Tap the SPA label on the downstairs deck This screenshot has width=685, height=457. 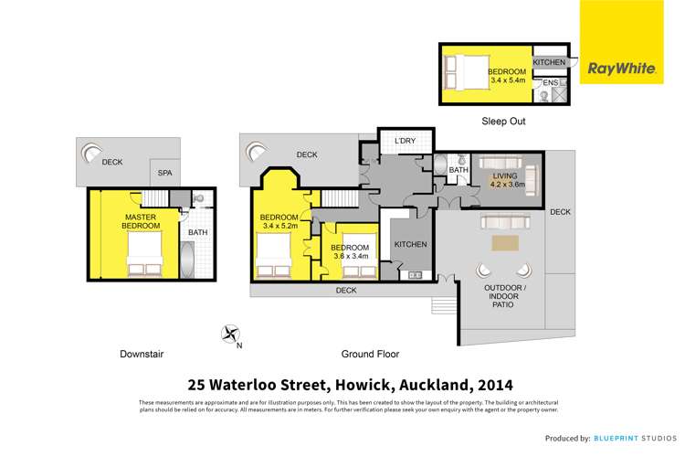point(165,172)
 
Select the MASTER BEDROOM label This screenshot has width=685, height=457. point(142,221)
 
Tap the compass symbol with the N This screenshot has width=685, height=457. point(230,335)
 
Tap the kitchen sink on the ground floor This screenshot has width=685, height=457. point(416,274)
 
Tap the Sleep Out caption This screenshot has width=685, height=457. point(503,121)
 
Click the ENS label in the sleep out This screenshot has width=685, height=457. point(550,84)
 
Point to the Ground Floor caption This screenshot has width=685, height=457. point(370,354)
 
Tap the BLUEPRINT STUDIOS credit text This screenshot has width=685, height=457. point(632,439)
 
